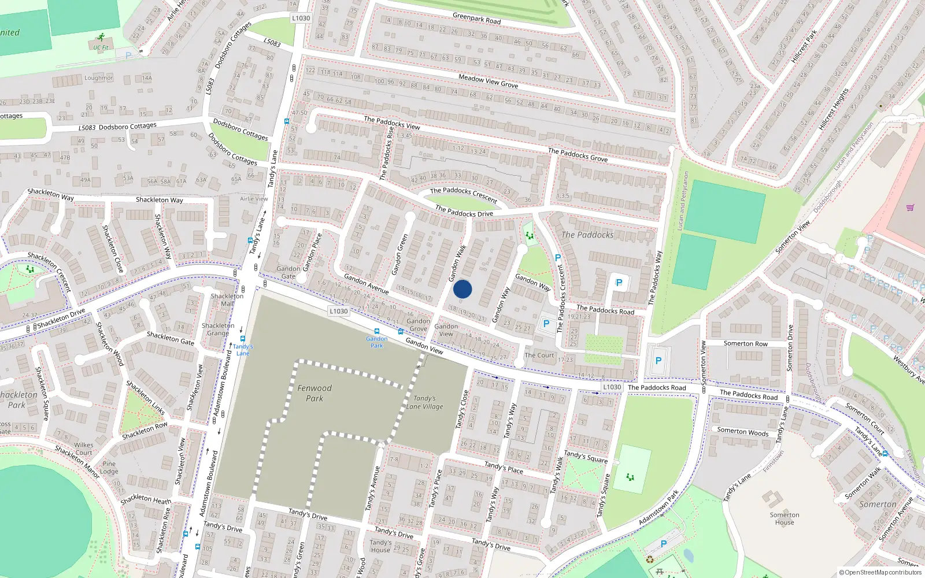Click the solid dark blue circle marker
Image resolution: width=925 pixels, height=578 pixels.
[462, 289]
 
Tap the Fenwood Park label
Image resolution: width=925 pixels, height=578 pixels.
[314, 393]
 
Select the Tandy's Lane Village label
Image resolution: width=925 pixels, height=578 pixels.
[424, 402]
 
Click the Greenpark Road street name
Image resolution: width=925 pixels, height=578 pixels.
[476, 18]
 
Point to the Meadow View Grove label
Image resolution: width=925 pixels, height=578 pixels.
[488, 81]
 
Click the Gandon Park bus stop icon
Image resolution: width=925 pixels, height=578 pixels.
[377, 332]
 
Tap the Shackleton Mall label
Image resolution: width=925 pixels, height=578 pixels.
[227, 299]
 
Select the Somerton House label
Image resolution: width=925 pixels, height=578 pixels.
[785, 518]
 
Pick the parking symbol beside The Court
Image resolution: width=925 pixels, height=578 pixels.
[546, 324]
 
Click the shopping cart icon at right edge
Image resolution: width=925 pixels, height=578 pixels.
[910, 208]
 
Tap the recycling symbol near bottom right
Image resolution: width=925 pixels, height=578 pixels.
[650, 560]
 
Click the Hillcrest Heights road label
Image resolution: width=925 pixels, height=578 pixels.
[833, 109]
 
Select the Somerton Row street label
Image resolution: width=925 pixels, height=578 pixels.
[745, 343]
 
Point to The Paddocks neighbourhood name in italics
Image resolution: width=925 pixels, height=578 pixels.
[587, 235]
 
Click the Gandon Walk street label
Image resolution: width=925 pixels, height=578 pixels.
[458, 263]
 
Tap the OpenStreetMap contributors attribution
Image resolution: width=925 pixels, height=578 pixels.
[880, 573]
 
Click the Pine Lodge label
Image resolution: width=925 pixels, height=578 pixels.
[109, 468]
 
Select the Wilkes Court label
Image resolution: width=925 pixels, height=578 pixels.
[84, 449]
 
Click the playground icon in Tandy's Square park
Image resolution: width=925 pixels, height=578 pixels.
[630, 477]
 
